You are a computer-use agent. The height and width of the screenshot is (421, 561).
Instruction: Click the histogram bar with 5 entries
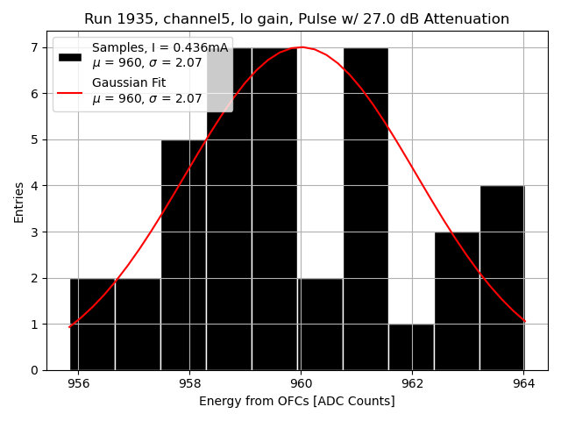tap(183, 254)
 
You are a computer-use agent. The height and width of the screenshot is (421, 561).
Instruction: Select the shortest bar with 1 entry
tap(411, 346)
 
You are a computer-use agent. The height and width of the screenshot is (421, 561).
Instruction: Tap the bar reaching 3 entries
tap(457, 301)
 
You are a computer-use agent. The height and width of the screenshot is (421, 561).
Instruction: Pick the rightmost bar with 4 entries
tap(502, 277)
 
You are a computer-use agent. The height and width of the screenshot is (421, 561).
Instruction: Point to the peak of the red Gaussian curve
tap(301, 47)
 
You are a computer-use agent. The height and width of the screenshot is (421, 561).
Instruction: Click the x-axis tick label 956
tap(78, 383)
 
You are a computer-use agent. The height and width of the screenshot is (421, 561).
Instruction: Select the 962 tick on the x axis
tap(412, 383)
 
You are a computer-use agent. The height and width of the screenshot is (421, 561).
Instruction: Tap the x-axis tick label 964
tap(523, 383)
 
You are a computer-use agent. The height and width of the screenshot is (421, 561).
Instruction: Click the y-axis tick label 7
tap(35, 47)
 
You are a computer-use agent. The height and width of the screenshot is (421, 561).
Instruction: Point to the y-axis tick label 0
tap(35, 370)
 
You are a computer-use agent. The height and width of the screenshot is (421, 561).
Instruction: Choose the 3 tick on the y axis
tap(35, 232)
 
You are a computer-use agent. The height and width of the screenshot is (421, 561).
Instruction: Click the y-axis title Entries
tap(19, 203)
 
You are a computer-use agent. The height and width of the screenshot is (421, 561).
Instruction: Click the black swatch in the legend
tap(70, 56)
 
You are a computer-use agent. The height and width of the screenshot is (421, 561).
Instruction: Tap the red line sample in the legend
tap(70, 91)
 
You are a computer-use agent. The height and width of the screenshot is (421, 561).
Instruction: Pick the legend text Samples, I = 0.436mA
tap(160, 48)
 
